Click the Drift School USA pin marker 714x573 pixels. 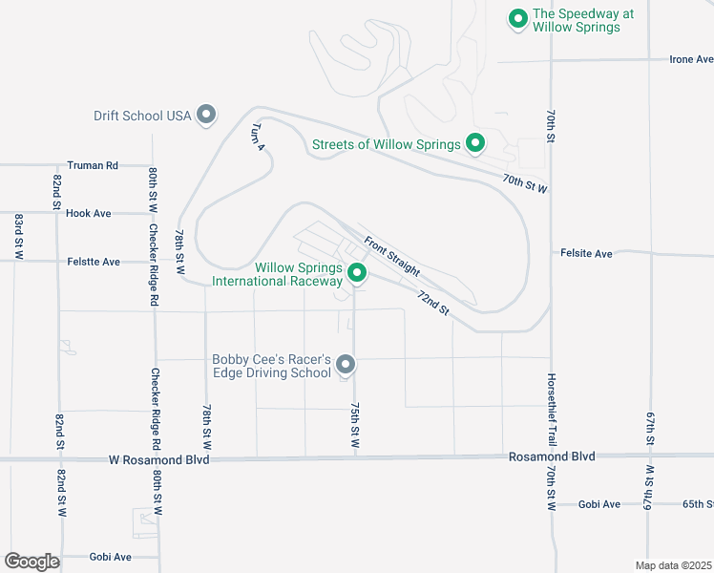pos(206,116)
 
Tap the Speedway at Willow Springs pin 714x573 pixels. pos(517,18)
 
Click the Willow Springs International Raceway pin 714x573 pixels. pos(358,274)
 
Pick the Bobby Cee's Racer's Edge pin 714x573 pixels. pos(346,365)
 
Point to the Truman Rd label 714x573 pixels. pos(93,165)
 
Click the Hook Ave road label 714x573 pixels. pos(89,213)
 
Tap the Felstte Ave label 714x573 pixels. pos(94,261)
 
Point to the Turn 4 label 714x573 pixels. pos(257,138)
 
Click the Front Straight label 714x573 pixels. pos(391,255)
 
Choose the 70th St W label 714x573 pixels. pos(526,182)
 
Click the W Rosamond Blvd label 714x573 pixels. pos(159,460)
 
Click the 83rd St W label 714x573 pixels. pos(18,236)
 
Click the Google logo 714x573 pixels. pos(31,562)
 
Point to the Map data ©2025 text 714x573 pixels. pos(673,565)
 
